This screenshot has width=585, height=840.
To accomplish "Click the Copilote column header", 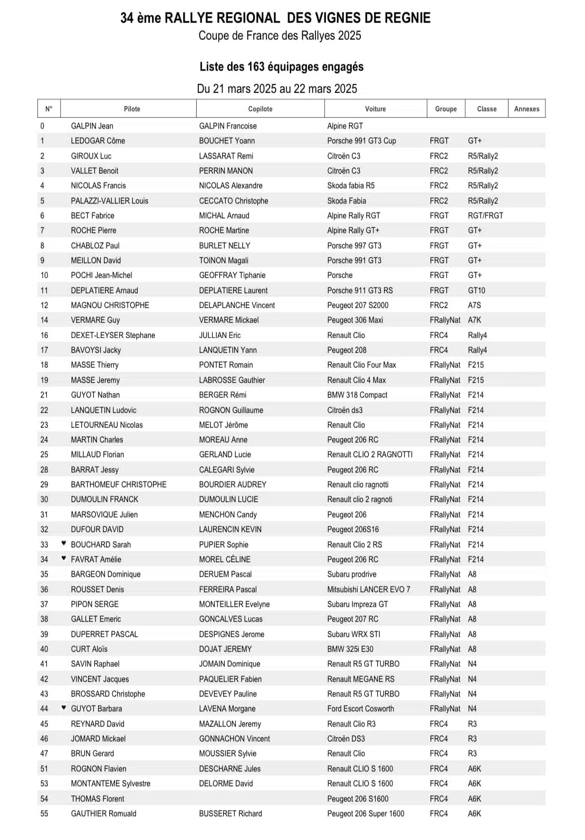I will (x=260, y=109).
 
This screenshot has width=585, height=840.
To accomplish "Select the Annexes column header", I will (x=526, y=109).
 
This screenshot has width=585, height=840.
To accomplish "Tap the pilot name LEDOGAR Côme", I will (x=98, y=141).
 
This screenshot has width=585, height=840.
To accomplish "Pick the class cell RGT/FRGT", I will (x=485, y=216).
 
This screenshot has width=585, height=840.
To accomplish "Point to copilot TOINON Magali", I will (x=224, y=260).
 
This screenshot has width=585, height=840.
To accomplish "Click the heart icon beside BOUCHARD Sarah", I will (x=64, y=543).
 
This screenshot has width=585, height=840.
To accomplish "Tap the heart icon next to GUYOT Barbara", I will (x=64, y=708).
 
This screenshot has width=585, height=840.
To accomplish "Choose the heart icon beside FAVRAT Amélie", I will (x=64, y=558).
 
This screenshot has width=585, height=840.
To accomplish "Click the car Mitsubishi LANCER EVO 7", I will (x=368, y=590).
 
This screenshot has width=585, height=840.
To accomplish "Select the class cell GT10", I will (x=476, y=291).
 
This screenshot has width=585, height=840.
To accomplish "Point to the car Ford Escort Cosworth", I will (x=360, y=709).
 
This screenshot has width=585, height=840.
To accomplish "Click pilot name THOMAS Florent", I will (x=98, y=799).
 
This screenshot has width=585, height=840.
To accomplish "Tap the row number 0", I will (x=42, y=126).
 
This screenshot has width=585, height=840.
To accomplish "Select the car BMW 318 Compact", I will (x=357, y=395).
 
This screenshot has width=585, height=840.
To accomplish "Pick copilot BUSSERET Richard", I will (x=230, y=814).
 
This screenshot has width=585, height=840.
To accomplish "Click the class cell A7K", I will (x=474, y=320).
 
